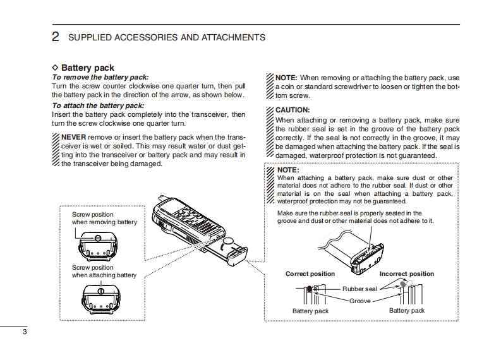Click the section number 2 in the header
[56, 37]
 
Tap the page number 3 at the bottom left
[24, 332]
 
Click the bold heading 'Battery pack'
[87, 68]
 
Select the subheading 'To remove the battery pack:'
[99, 77]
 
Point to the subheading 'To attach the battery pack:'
[98, 105]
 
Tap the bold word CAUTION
[293, 110]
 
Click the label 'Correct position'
[310, 274]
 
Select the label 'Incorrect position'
[407, 274]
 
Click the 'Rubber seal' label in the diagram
[359, 289]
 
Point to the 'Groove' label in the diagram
[360, 301]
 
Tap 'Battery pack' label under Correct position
[310, 311]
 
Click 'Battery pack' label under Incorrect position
[407, 311]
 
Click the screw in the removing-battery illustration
[99, 238]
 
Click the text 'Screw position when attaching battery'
[104, 272]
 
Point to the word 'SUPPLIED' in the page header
[90, 38]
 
